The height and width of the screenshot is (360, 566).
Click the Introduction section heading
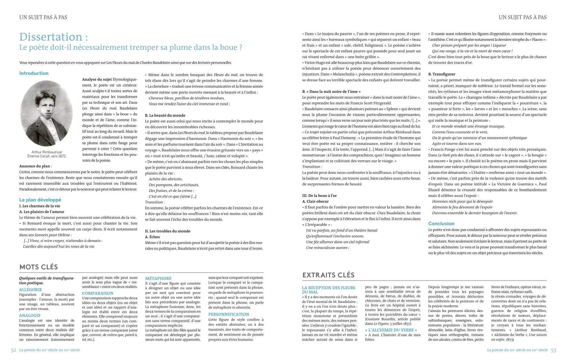(x=34, y=73)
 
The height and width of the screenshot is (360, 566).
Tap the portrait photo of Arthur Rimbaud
(x=46, y=113)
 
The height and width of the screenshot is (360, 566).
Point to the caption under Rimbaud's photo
(x=47, y=154)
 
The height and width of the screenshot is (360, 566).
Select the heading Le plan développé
(x=40, y=200)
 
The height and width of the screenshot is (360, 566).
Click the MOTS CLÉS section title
(x=38, y=267)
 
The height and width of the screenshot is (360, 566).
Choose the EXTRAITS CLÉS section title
(x=328, y=275)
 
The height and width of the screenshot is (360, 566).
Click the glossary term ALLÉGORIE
(x=30, y=290)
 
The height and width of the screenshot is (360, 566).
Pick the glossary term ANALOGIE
(x=30, y=315)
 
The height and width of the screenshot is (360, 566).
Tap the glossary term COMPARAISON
(x=98, y=293)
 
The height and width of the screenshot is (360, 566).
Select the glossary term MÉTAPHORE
(x=158, y=279)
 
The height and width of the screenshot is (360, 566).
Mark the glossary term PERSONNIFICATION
(x=229, y=314)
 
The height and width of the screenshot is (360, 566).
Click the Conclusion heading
(x=441, y=224)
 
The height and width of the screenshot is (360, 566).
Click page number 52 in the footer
(x=14, y=350)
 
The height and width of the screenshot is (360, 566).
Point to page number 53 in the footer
(x=553, y=350)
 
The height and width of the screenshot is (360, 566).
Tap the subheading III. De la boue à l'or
(x=319, y=196)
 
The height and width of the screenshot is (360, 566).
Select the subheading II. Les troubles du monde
(x=168, y=231)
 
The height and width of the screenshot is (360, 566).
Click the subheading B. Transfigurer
(x=441, y=74)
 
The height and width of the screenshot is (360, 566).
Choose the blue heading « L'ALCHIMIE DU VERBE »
(x=391, y=330)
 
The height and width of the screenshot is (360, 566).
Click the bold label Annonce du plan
(x=35, y=166)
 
